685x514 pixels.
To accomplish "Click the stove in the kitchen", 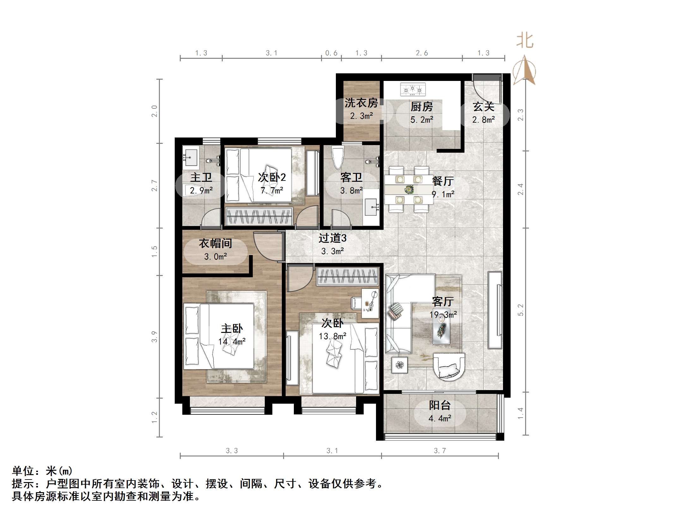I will coord(413,89).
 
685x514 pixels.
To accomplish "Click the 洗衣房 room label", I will coord(361,103).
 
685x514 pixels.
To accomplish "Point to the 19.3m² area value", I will coord(443,315).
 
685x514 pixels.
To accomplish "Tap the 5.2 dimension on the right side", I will coord(521,310).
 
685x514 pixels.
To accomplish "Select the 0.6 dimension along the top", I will coord(331,53).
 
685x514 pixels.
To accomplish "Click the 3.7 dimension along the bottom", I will coord(440,450).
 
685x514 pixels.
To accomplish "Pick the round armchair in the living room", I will coord(449,367).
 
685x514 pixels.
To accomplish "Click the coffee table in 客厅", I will coord(441,329).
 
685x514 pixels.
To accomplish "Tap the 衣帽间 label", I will coord(215,243).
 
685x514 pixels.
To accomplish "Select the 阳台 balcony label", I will coord(439,405).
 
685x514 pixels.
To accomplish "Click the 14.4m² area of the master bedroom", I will coord(232,342).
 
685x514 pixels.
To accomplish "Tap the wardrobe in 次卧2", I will coord(259,216).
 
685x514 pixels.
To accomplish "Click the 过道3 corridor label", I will coord(332,238).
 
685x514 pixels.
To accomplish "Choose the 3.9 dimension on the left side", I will coord(154,337).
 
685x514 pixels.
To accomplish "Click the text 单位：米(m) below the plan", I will coord(42,471).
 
